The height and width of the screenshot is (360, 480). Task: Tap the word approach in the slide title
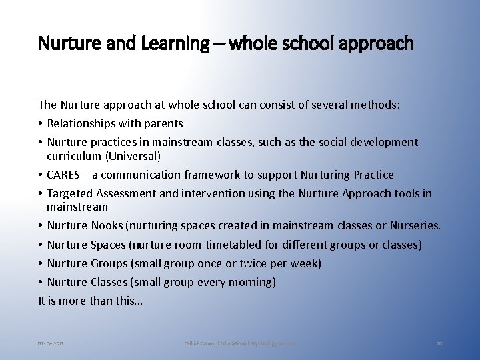click(x=379, y=44)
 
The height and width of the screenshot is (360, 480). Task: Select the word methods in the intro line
click(x=376, y=105)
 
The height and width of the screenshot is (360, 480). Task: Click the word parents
click(x=163, y=123)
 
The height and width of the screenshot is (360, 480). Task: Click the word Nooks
click(x=107, y=226)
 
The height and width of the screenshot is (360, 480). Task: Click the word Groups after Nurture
click(x=108, y=263)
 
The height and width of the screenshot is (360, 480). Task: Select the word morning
click(x=252, y=282)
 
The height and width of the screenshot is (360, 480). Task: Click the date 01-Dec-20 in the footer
click(x=51, y=343)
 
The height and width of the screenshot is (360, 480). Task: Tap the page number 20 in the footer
click(x=439, y=343)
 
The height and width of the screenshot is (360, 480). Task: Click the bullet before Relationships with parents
click(x=41, y=123)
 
